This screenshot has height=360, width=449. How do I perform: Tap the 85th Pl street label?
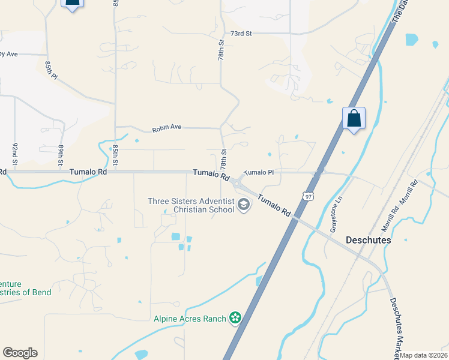pyautogui.click(x=51, y=68)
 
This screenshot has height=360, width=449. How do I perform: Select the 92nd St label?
pyautogui.click(x=15, y=154)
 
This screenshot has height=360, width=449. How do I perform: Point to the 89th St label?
pyautogui.click(x=61, y=155)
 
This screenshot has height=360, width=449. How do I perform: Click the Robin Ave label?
pyautogui.click(x=166, y=128)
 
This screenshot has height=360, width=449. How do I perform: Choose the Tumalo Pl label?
pyautogui.click(x=259, y=172)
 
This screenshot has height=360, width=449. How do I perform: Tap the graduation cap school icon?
pyautogui.click(x=243, y=206)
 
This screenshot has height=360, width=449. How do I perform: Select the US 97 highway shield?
pyautogui.click(x=308, y=196)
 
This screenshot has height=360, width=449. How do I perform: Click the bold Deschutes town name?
pyautogui.click(x=369, y=240)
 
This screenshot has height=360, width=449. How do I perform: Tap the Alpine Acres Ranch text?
pyautogui.click(x=189, y=319)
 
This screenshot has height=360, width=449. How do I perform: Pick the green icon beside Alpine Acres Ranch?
pyautogui.click(x=235, y=318)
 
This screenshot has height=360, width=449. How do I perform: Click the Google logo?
pyautogui.click(x=20, y=353)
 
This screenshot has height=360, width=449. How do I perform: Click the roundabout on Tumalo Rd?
pyautogui.click(x=240, y=182)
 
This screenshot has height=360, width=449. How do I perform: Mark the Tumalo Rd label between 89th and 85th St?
pyautogui.click(x=88, y=172)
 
